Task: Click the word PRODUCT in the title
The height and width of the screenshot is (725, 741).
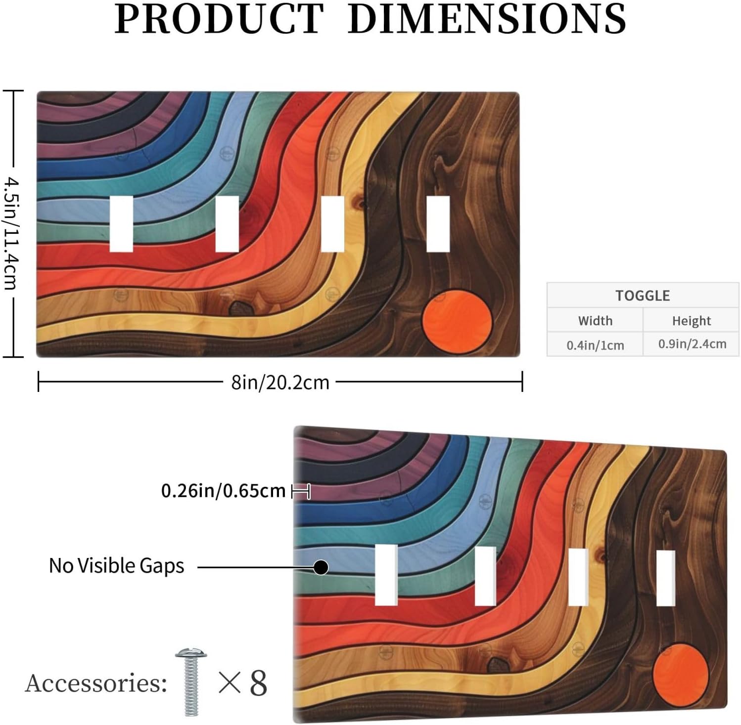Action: (x=220, y=19)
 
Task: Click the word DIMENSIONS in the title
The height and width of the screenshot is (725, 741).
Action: (x=487, y=19)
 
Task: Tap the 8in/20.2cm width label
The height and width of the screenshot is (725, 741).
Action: (x=280, y=382)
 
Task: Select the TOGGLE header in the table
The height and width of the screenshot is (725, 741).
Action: (x=643, y=296)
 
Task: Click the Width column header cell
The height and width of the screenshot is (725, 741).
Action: (x=595, y=320)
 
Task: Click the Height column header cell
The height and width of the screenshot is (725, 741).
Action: (x=691, y=321)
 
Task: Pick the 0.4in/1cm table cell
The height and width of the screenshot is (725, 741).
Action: (x=595, y=344)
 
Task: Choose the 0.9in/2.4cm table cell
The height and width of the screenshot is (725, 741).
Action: (x=692, y=344)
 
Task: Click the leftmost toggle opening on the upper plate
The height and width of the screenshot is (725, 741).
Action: (x=121, y=224)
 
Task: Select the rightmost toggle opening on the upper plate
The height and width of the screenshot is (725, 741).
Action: (x=438, y=224)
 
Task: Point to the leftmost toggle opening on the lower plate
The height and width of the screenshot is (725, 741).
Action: (x=386, y=575)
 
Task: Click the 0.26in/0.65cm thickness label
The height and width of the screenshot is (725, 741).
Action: (x=224, y=491)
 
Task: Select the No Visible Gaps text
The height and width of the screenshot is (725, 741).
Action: (x=116, y=565)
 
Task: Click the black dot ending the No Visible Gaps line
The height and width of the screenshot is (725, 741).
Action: (x=321, y=567)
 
